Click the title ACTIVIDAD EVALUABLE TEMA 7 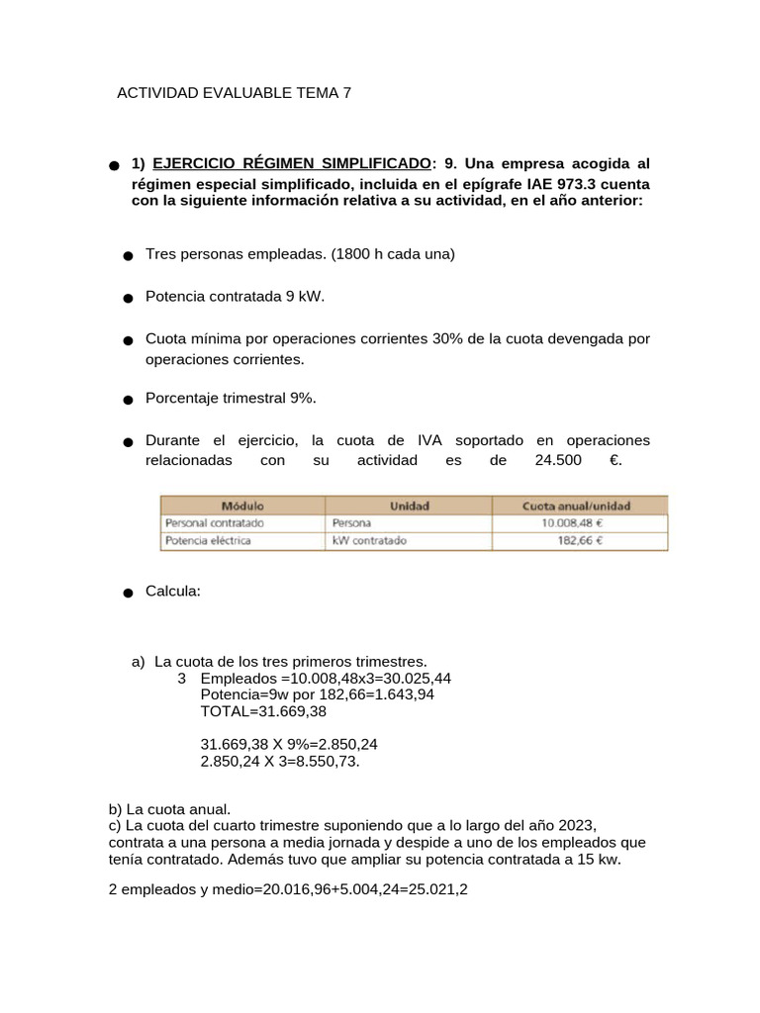[234, 93]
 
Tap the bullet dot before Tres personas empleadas [129, 256]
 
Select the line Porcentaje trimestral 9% [231, 398]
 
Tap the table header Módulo [242, 506]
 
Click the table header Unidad [409, 506]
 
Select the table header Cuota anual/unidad [576, 506]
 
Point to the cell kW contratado [369, 541]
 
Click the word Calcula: [173, 591]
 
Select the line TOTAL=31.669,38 [263, 711]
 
